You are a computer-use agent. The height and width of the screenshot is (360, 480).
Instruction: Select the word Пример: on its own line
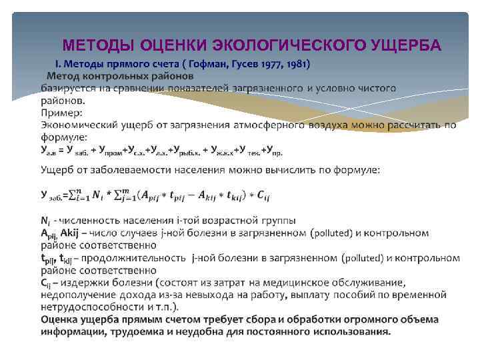coord(62,112)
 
